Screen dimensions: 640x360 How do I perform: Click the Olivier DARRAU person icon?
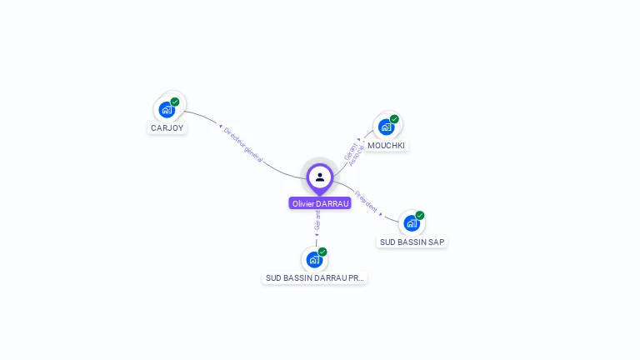click(x=320, y=177)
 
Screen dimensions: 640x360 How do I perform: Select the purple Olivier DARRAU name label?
click(x=320, y=203)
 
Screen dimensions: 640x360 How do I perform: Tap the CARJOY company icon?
click(x=167, y=109)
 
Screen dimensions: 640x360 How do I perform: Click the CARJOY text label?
click(x=167, y=128)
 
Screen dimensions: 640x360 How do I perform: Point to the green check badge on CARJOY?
click(x=175, y=102)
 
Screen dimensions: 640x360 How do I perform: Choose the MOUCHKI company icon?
click(x=386, y=127)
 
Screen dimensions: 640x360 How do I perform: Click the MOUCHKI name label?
click(x=386, y=145)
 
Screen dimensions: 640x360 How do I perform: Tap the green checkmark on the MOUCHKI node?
click(x=394, y=119)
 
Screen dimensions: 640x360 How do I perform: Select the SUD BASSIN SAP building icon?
click(x=412, y=223)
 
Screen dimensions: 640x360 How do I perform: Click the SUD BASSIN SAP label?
click(x=412, y=242)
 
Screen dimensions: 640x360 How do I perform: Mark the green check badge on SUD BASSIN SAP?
click(x=420, y=216)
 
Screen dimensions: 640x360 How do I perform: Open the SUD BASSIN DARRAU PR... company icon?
click(x=314, y=259)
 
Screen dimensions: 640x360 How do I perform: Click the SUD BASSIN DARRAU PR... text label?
click(x=315, y=277)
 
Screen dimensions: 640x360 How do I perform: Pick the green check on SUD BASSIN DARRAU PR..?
click(x=322, y=252)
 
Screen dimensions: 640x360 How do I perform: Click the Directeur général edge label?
click(x=244, y=144)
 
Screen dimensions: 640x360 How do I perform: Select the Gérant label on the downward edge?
click(x=317, y=220)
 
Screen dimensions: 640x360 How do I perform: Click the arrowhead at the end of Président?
click(x=381, y=214)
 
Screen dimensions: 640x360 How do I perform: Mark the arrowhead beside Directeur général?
click(x=222, y=128)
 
